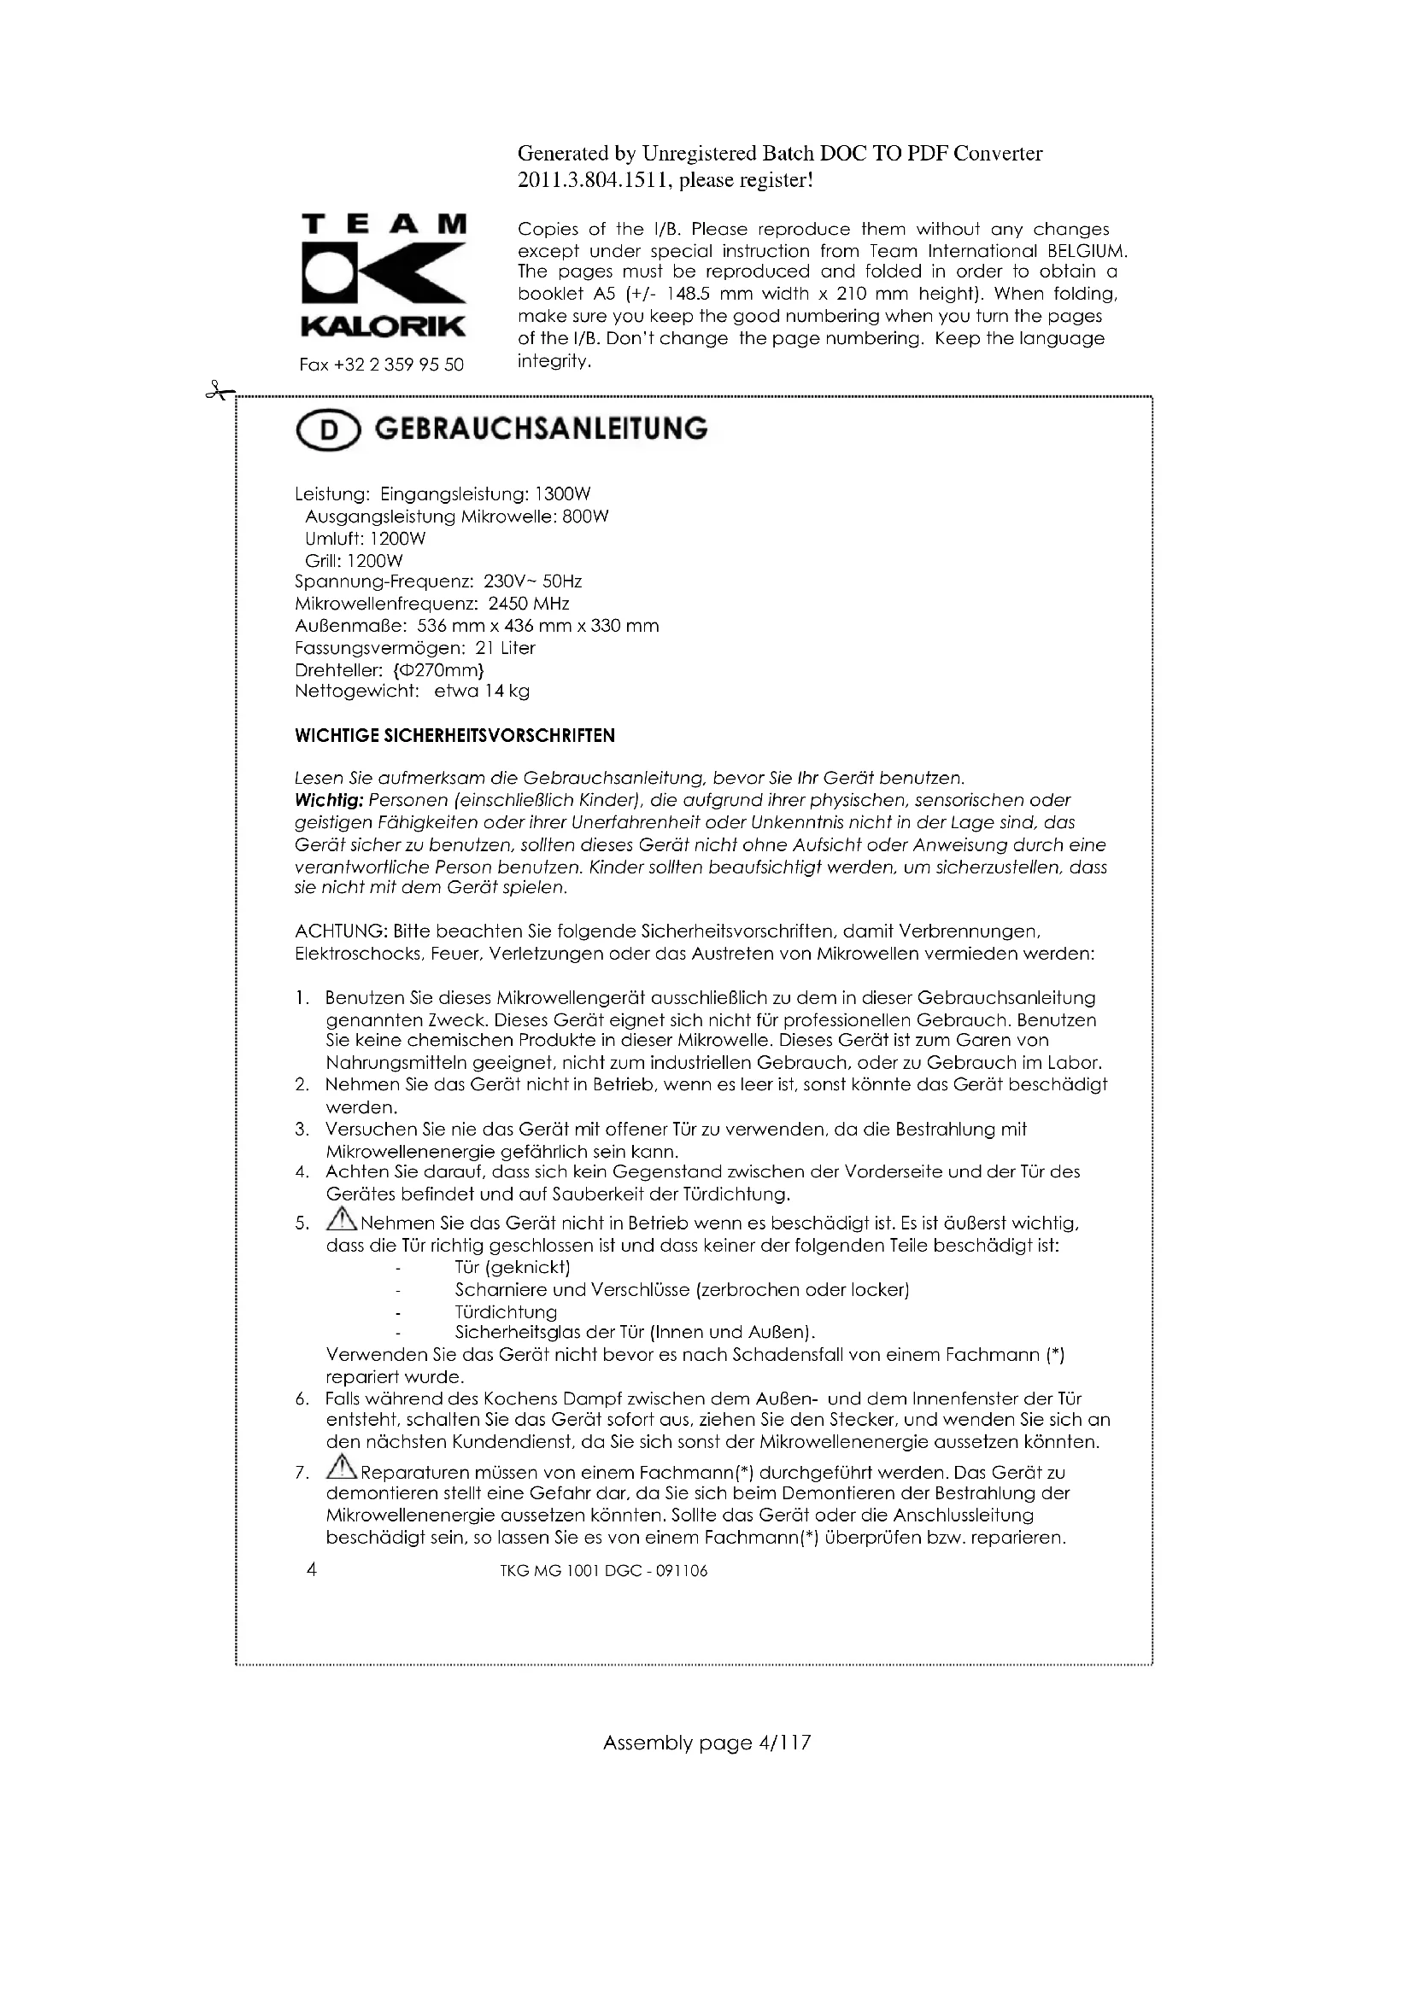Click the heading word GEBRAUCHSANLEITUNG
[x=540, y=429]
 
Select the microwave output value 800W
[x=585, y=517]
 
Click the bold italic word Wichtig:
[x=329, y=800]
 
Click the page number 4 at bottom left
[x=312, y=1569]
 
